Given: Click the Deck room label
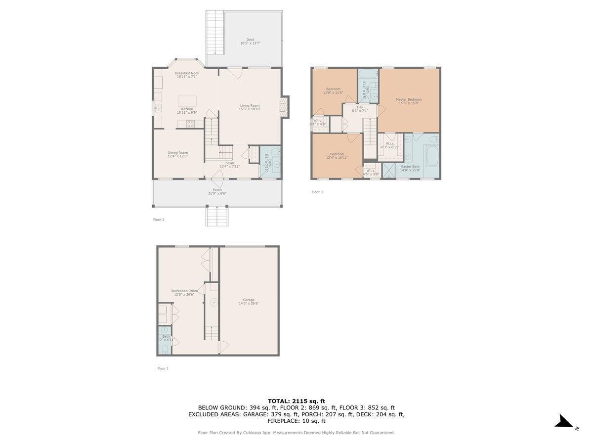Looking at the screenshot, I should point(250,40).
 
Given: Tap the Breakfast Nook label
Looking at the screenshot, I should point(187,73).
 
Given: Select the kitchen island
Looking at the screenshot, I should point(187,100).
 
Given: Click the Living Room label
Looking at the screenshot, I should point(250,105).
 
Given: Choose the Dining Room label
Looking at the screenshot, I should point(177,153).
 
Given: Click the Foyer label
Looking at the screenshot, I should point(230,163).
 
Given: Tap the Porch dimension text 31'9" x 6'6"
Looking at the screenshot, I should point(217,193).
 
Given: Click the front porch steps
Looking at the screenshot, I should point(217,216).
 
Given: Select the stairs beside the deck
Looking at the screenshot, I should point(215,32).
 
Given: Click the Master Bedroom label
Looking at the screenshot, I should point(409,99).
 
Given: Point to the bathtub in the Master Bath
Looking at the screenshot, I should point(431,155).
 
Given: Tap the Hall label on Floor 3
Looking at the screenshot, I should point(360,107).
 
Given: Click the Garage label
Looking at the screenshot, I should point(249,300).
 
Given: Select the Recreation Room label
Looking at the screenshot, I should point(184,291).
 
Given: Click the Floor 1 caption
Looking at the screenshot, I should point(163,368).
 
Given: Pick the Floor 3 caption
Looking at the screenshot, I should point(317,192).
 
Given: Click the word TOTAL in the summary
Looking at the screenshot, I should point(279,401).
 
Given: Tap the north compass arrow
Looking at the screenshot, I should point(563,422).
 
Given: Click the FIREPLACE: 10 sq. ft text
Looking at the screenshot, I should point(296,421).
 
